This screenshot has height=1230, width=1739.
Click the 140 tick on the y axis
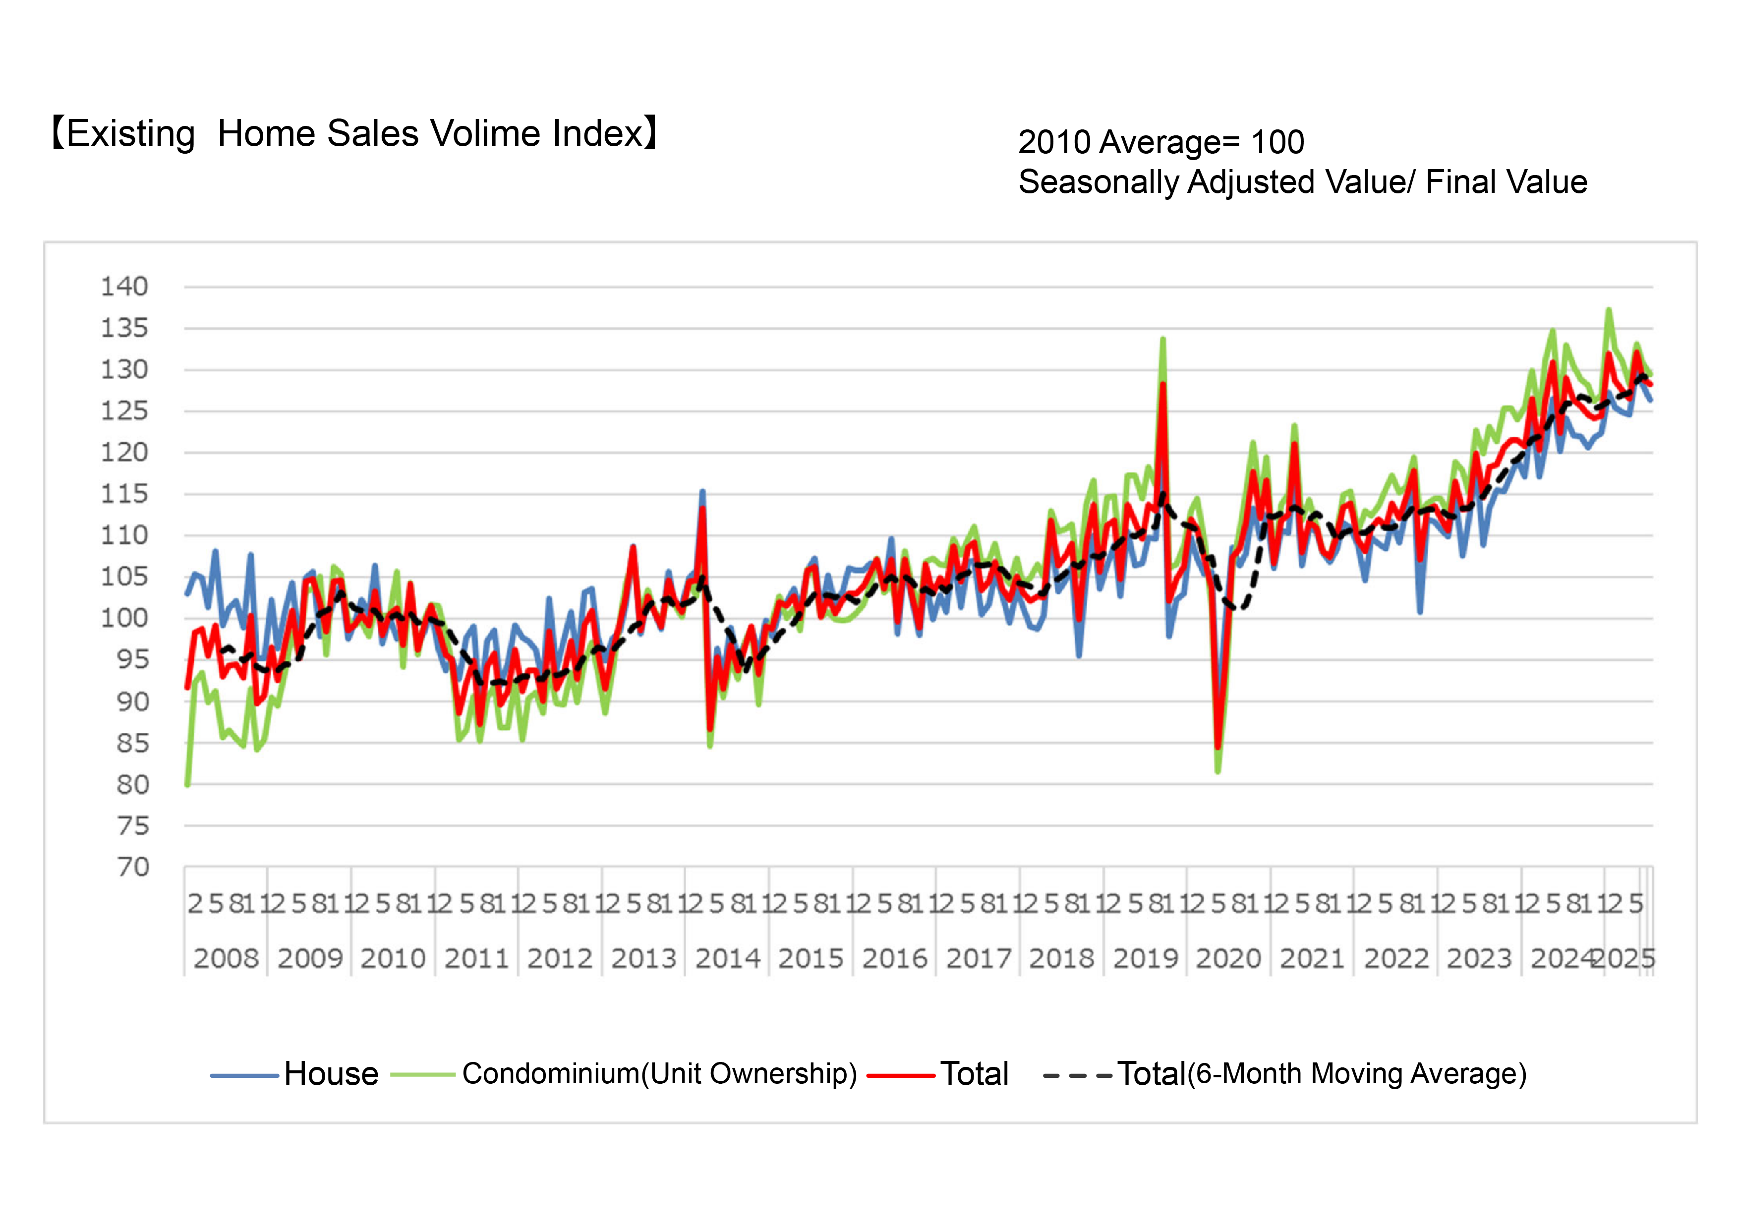(124, 287)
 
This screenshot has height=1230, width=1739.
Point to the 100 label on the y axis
(124, 618)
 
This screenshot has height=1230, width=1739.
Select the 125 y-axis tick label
(124, 411)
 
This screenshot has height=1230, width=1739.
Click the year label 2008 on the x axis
(226, 959)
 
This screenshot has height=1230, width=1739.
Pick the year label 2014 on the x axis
(727, 959)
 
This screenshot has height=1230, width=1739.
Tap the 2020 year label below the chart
(1228, 959)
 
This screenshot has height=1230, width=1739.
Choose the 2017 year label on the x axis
(979, 959)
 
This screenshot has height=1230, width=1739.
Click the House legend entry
(331, 1074)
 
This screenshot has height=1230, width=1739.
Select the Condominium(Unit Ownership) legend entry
(659, 1074)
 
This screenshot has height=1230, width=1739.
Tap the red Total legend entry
(974, 1074)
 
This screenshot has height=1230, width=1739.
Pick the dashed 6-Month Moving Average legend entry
(1322, 1074)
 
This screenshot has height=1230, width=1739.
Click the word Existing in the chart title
(130, 134)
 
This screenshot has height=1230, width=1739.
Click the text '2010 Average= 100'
(1160, 142)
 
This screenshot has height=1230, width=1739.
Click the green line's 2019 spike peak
(1162, 339)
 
